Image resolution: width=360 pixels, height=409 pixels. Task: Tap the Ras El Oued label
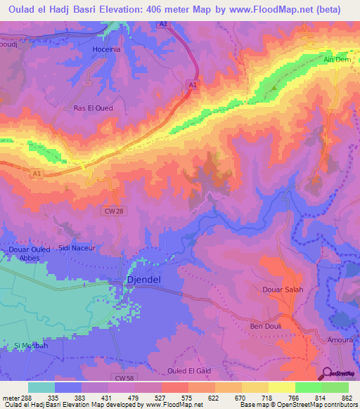[x=94, y=108]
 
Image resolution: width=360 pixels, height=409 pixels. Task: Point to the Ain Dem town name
[x=336, y=60]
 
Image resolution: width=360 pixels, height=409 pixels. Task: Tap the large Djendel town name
[x=144, y=280]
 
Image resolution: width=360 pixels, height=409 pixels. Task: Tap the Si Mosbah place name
[x=30, y=346]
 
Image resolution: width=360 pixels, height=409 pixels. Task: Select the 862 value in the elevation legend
[x=347, y=397]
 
